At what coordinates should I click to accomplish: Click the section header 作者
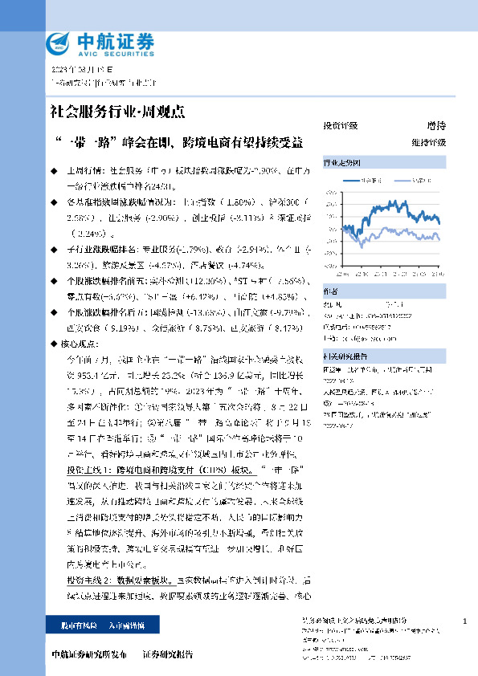point(330,291)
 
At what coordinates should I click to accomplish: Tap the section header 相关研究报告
point(345,356)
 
